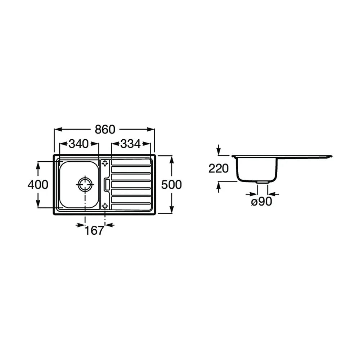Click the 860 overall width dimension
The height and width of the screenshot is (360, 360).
[105, 130]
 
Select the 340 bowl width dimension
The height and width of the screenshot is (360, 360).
[79, 144]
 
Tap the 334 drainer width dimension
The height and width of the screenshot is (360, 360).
[131, 144]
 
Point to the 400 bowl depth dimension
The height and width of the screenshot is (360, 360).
[38, 185]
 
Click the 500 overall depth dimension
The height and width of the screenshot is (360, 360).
[171, 185]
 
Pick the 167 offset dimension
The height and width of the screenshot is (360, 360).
[94, 230]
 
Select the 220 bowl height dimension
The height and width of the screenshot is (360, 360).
[219, 168]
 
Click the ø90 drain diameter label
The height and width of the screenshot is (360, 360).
[262, 202]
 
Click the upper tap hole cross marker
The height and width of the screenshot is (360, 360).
[105, 163]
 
